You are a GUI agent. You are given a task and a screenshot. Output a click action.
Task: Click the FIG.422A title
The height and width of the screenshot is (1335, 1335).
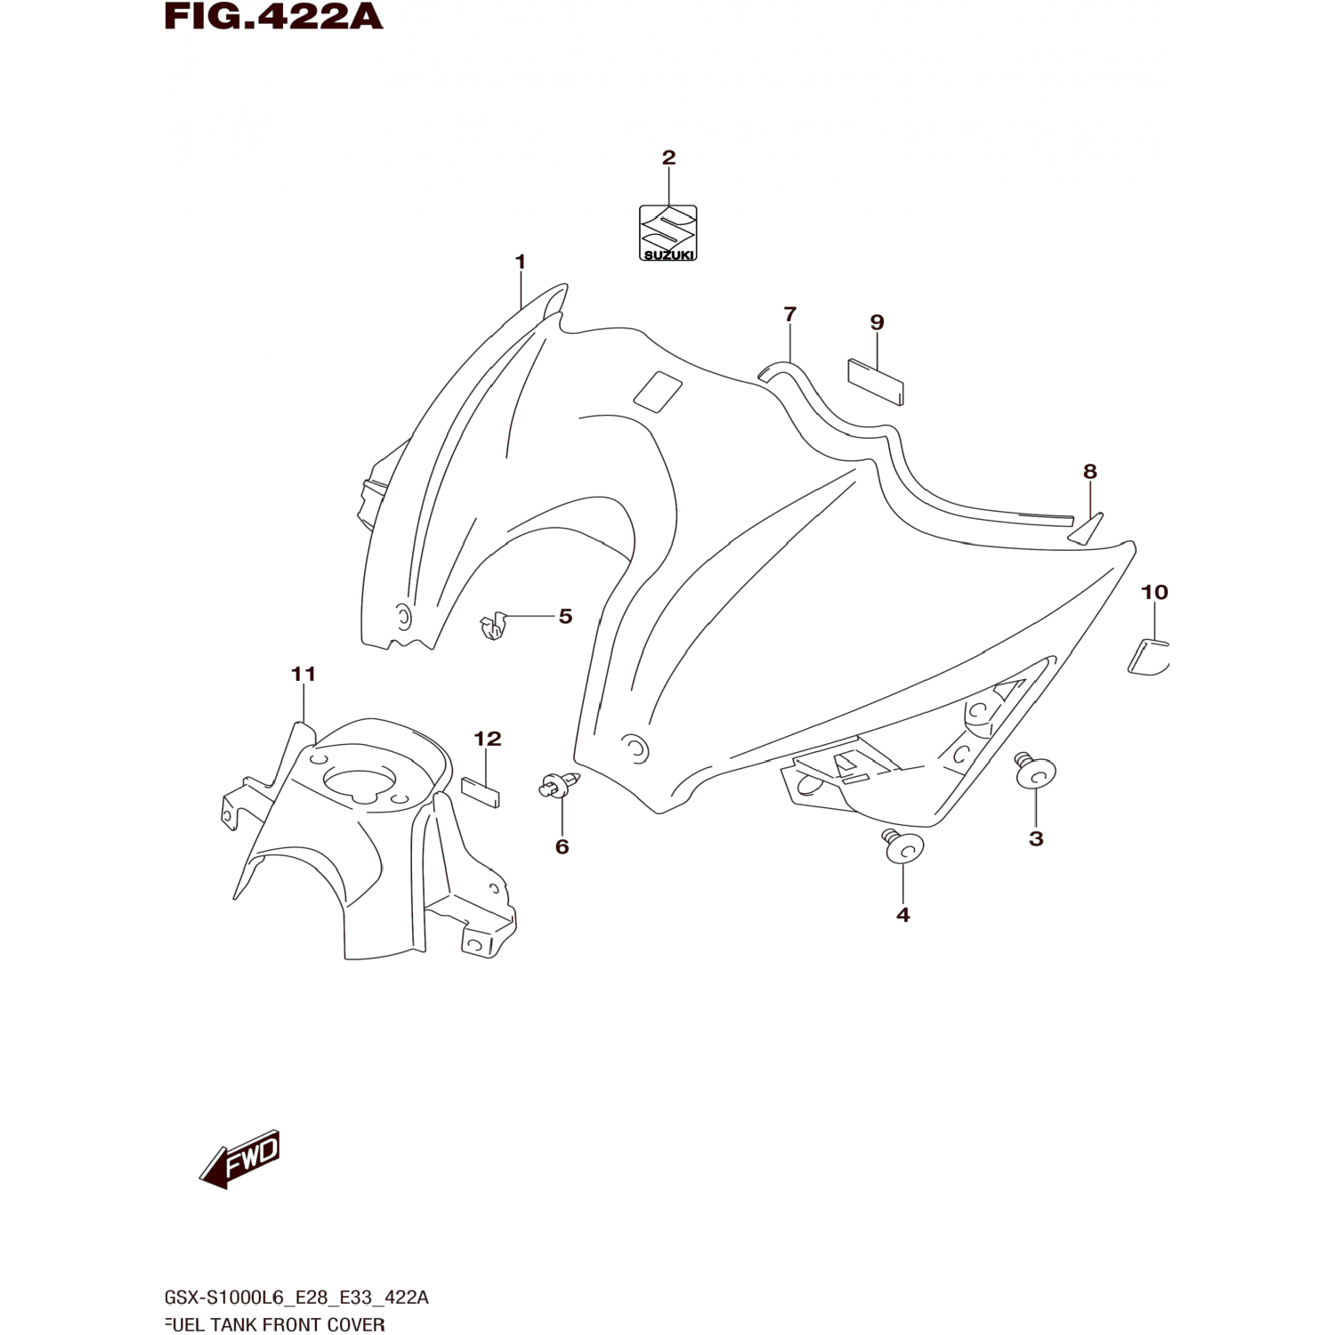[274, 17]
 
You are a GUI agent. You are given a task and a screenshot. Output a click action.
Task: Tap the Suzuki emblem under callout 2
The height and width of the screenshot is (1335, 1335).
[667, 233]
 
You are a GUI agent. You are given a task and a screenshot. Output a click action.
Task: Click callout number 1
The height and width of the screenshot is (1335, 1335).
[520, 262]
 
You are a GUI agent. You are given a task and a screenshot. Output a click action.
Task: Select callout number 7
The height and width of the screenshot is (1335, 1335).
[789, 313]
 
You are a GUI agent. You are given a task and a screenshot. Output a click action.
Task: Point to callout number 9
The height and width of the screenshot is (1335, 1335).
[877, 322]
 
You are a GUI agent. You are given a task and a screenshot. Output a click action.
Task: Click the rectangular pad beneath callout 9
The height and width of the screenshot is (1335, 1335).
[875, 381]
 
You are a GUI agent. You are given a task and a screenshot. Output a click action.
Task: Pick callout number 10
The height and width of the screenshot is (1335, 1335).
[1154, 592]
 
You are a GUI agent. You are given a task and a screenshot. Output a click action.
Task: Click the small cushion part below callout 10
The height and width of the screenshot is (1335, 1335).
[1148, 656]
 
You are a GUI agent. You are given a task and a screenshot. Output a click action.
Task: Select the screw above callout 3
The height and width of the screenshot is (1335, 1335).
[1035, 772]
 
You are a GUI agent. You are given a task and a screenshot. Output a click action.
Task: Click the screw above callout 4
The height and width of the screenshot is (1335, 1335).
[902, 846]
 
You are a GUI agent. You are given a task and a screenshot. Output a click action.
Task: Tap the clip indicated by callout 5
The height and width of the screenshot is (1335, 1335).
[492, 626]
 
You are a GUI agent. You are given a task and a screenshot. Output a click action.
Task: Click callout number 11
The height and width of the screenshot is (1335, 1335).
[303, 674]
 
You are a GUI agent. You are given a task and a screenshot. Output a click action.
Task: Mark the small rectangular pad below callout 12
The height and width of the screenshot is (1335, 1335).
[481, 791]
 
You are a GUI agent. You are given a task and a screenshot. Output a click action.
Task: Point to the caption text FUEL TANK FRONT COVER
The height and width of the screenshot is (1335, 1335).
[275, 1324]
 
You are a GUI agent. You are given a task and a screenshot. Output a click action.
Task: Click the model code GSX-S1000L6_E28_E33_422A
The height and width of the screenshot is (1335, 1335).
[296, 1298]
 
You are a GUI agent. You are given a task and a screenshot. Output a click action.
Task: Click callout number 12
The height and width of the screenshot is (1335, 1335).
[487, 739]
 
